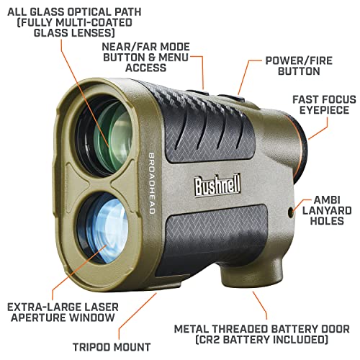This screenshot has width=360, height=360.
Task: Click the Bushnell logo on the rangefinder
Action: click(x=217, y=186)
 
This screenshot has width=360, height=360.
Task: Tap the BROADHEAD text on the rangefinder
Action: click(x=152, y=184)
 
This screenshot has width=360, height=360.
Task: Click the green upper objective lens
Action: click(x=105, y=136)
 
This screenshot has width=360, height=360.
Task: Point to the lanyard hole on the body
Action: click(x=291, y=212)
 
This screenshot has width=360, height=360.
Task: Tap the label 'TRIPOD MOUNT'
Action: click(x=112, y=347)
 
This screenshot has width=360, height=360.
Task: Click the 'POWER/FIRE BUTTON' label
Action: click(x=299, y=66)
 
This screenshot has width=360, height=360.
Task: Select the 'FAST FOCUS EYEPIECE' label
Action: click(x=324, y=104)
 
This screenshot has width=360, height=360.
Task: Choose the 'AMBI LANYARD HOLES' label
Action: click(x=327, y=210)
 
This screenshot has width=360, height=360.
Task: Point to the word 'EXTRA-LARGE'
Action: click(x=45, y=307)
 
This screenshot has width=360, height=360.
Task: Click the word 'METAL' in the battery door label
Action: click(x=190, y=329)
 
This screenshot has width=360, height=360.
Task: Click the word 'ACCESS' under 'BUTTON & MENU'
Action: click(x=145, y=68)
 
